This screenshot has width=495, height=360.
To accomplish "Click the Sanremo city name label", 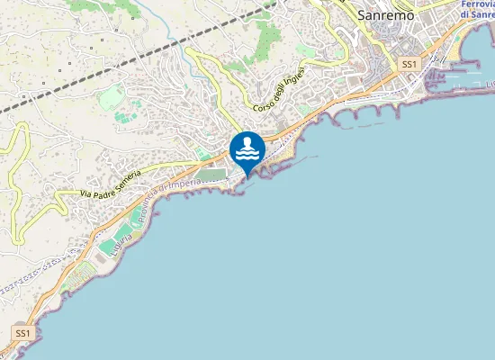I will [x=385, y=14].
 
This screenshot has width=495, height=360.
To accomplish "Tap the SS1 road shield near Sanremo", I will [x=409, y=65].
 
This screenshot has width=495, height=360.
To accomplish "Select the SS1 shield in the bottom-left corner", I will [x=22, y=334].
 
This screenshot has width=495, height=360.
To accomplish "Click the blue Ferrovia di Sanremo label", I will [x=476, y=10].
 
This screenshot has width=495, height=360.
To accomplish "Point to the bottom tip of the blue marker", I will [x=247, y=176].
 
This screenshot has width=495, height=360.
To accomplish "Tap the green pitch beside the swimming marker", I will [x=211, y=174].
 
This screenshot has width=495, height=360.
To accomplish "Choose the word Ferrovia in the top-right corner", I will [x=476, y=4].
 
